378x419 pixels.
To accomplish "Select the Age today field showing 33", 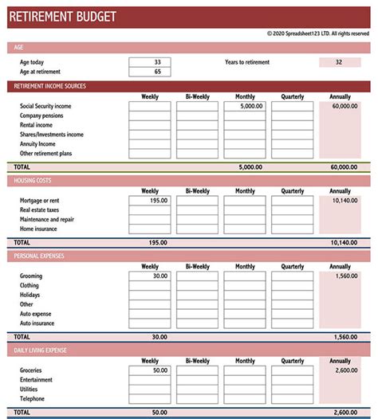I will pos(149,62).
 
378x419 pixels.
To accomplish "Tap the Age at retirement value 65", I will pos(149,72).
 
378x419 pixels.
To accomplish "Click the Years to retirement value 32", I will pos(340,62).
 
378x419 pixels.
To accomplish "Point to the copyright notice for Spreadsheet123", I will pos(318,33).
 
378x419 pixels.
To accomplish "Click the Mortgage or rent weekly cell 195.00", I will pos(149,201).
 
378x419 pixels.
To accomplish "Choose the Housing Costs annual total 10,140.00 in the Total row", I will pos(344,242).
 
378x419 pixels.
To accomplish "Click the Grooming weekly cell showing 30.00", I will pos(149,276).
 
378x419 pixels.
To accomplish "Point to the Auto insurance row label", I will pos(37,324).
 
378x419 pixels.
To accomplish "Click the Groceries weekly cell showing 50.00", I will pos(149,370).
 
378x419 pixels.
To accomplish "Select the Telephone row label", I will pos(33,399).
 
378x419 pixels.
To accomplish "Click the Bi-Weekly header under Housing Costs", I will pos(197,191).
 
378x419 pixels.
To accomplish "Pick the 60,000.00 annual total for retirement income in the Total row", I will pos(344,167).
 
